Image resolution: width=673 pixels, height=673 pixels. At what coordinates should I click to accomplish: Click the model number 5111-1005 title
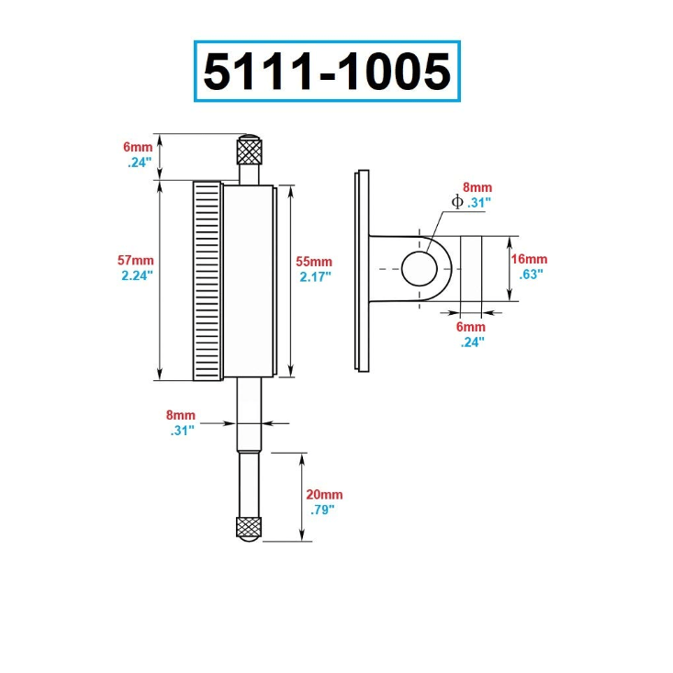click(327, 72)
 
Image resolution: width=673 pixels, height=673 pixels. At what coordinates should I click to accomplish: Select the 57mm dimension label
click(137, 260)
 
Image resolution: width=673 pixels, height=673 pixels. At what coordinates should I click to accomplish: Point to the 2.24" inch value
click(137, 275)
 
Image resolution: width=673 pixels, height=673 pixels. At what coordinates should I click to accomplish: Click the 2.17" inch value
click(316, 275)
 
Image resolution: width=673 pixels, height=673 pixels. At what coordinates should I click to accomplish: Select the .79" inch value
click(321, 509)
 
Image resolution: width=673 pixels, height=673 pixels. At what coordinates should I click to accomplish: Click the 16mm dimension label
click(529, 259)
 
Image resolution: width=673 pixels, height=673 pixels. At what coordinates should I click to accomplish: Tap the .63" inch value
click(529, 274)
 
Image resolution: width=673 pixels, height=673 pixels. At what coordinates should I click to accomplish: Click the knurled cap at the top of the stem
click(248, 148)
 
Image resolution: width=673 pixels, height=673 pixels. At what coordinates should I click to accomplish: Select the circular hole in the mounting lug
click(422, 266)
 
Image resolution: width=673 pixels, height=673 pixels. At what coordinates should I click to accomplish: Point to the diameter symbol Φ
click(457, 202)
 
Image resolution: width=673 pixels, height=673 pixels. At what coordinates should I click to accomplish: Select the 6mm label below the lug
click(471, 327)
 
